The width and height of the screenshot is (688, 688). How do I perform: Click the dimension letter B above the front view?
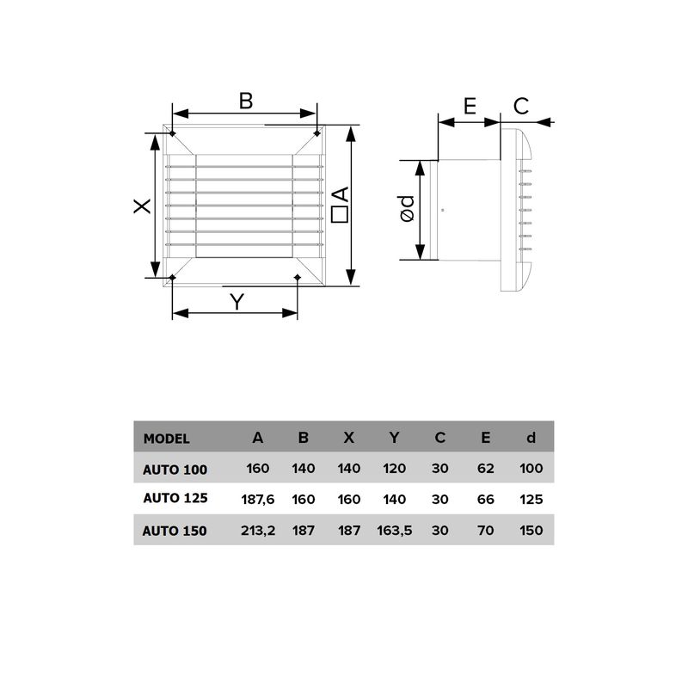click(246, 101)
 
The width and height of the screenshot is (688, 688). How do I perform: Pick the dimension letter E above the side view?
click(470, 106)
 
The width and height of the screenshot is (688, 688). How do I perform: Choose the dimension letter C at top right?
click(521, 106)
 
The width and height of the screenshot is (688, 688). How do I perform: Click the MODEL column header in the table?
click(166, 438)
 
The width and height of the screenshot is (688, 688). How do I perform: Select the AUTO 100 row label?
click(175, 469)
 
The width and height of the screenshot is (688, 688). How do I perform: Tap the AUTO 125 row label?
click(175, 498)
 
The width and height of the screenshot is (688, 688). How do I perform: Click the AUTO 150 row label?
click(175, 531)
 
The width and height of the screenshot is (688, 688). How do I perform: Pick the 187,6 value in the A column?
click(257, 499)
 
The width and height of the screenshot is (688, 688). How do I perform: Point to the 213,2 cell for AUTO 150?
click(257, 531)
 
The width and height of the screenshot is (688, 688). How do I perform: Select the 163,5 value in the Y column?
click(394, 531)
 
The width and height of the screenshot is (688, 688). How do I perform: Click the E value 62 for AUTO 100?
click(486, 469)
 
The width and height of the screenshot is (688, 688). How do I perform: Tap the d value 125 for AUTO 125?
click(531, 499)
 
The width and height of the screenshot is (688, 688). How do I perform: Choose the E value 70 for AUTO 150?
click(486, 531)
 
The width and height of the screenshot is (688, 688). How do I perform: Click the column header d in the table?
click(531, 438)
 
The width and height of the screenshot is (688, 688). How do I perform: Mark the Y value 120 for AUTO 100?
click(394, 469)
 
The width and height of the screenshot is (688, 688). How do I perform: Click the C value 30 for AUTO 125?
click(440, 499)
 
